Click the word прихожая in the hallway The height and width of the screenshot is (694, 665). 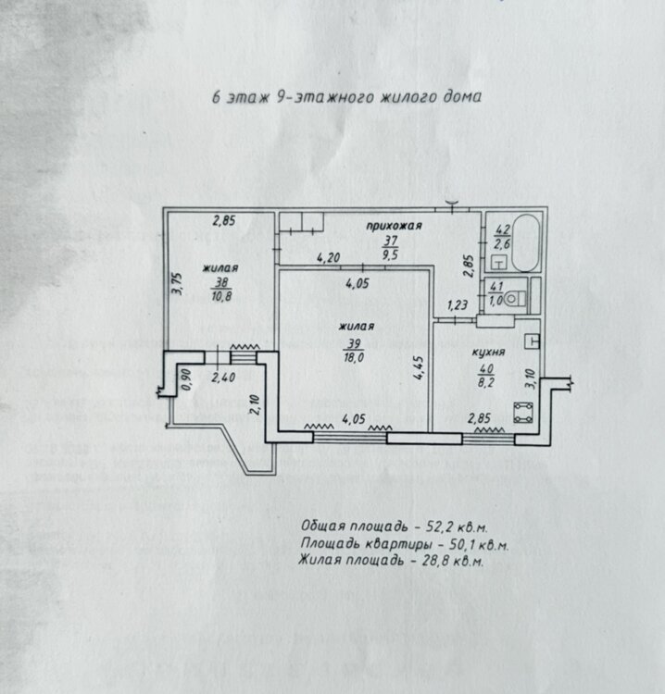point(394,226)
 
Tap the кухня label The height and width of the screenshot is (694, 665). point(488,353)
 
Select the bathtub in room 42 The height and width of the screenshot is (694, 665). point(525,242)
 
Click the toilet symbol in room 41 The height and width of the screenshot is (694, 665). point(514,298)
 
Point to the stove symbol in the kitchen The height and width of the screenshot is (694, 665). point(522,413)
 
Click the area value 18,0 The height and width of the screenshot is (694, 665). point(354,357)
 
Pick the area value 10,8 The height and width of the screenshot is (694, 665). point(221,296)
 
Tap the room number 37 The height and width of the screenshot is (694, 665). point(390,241)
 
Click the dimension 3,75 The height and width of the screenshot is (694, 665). point(177,283)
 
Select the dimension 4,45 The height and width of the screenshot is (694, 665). point(419,368)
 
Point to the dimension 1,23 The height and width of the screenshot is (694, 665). point(458,305)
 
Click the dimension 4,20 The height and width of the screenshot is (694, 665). point(328,257)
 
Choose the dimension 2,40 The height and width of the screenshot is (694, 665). point(223,378)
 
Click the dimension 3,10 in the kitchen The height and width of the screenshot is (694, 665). point(531,378)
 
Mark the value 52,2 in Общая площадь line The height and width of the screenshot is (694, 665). point(439,527)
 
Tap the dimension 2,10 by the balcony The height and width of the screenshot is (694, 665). point(254,405)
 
